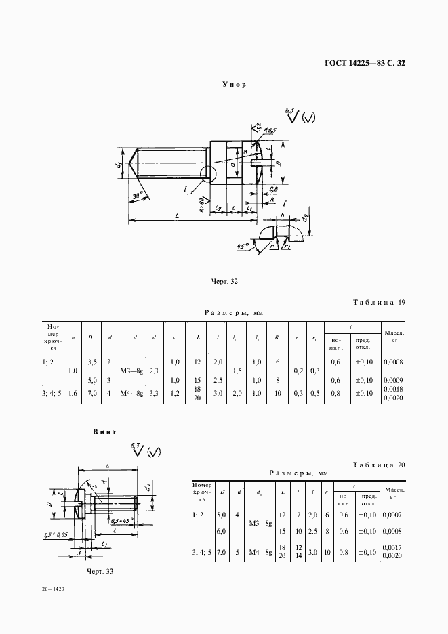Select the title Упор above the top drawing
(x=234, y=85)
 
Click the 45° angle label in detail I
(x=240, y=246)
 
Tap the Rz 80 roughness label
(x=202, y=203)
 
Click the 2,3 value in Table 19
(x=155, y=371)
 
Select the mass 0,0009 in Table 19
(x=394, y=379)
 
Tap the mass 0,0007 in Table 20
(x=394, y=515)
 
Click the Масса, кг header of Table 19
(x=394, y=337)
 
